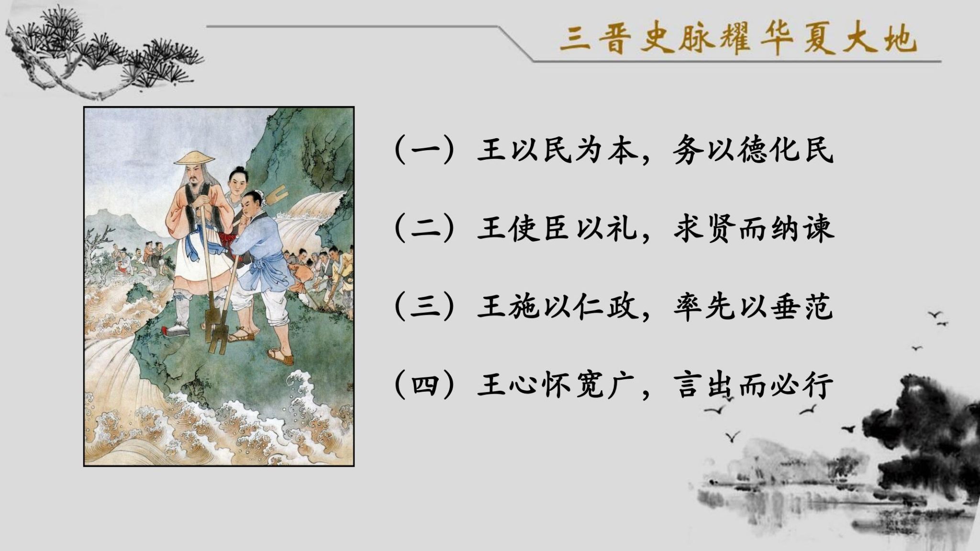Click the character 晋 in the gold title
click(611, 39)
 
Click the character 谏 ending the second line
click(819, 228)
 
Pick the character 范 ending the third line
click(819, 306)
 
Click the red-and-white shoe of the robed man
click(176, 330)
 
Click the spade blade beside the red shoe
click(209, 326)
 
